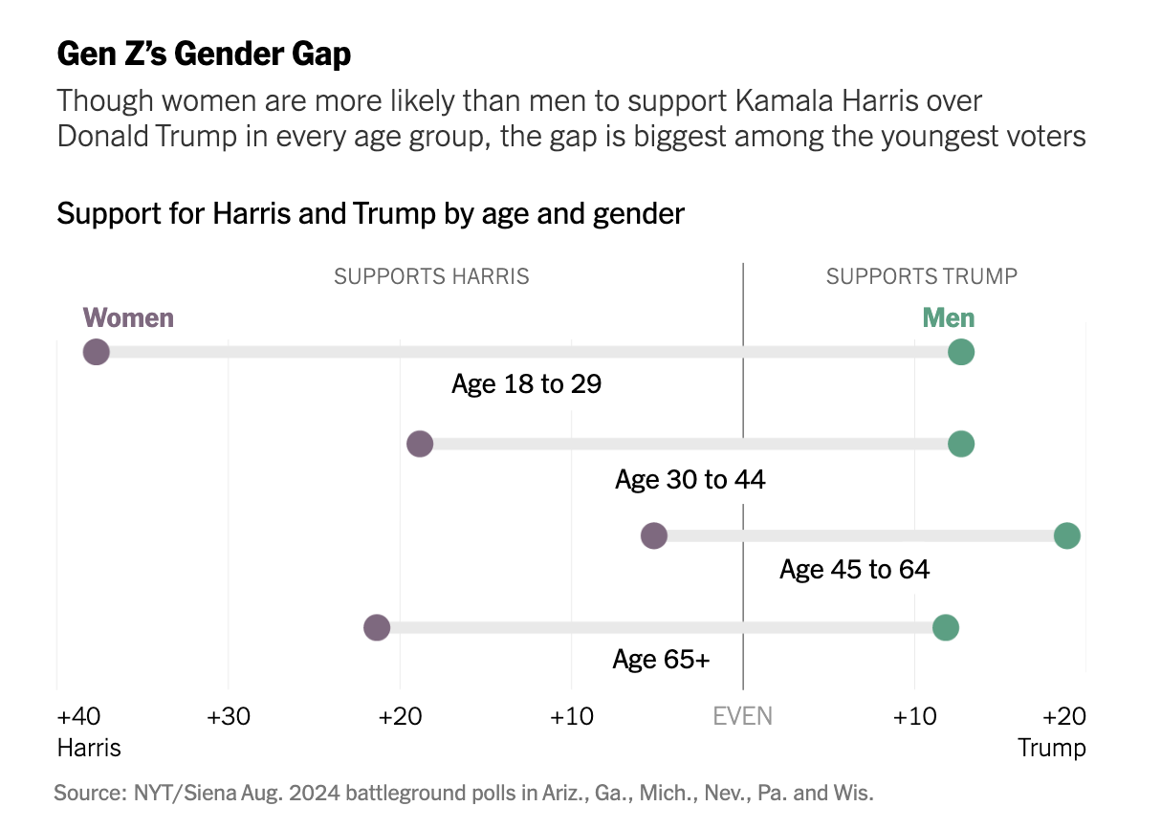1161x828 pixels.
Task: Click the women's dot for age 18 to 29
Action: (96, 352)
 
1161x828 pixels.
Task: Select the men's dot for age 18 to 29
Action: (960, 352)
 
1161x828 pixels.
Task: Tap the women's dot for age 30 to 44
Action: (420, 444)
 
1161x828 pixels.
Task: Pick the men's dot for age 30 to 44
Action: (960, 444)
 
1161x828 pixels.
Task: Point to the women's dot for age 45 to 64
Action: (653, 535)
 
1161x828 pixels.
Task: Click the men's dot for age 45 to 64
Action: (1066, 535)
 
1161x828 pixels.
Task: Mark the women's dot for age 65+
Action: (377, 627)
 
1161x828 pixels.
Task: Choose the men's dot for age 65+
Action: (945, 627)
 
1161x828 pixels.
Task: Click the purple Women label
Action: (128, 317)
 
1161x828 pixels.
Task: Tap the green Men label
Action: (948, 317)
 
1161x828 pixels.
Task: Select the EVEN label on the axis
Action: (743, 716)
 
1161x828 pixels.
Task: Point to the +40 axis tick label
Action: (78, 716)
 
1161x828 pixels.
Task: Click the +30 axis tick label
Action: (228, 716)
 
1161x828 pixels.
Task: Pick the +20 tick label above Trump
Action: (1063, 716)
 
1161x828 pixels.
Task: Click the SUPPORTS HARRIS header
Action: (431, 277)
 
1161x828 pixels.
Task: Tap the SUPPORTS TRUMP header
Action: (921, 277)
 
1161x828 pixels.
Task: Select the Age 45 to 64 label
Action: (854, 570)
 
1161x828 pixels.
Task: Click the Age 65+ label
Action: (661, 660)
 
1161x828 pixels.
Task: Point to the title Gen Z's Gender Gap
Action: (204, 54)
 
